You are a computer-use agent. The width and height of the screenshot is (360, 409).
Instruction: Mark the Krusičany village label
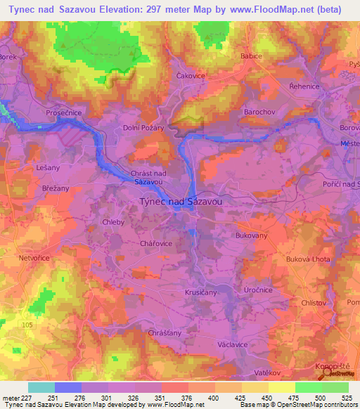[200, 291]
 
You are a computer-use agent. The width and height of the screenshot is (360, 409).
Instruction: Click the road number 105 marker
[27, 325]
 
